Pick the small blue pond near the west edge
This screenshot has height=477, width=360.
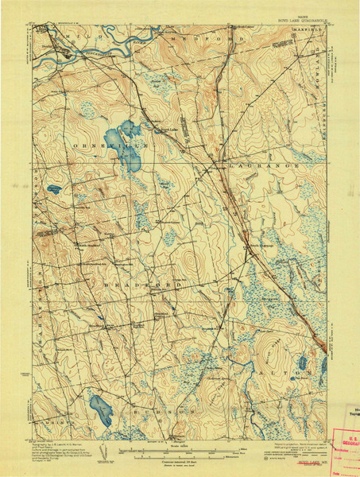pyautogui.click(x=54, y=190)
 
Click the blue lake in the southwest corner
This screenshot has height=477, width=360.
pyautogui.click(x=101, y=409)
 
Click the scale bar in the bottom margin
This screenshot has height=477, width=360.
pyautogui.click(x=180, y=450)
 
